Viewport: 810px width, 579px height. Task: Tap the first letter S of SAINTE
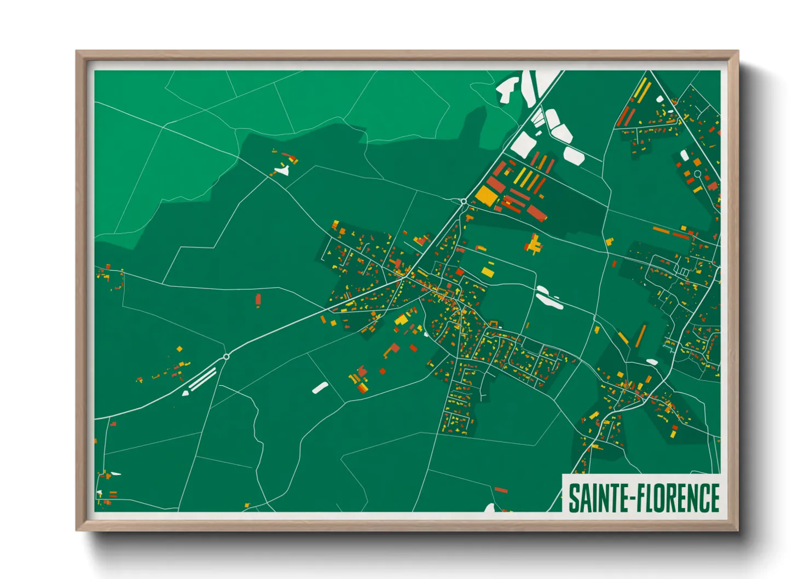pyautogui.click(x=575, y=498)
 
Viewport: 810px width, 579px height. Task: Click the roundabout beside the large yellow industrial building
pyautogui.click(x=464, y=202)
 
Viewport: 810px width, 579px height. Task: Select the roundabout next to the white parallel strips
pyautogui.click(x=226, y=357)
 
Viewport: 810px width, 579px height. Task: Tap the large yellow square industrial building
pyautogui.click(x=486, y=195)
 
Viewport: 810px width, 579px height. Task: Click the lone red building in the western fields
pyautogui.click(x=258, y=300)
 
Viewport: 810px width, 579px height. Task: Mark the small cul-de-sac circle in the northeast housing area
pyautogui.click(x=698, y=174)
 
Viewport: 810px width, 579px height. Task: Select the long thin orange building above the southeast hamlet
pyautogui.click(x=640, y=335)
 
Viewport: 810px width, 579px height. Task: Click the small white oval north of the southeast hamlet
pyautogui.click(x=652, y=361)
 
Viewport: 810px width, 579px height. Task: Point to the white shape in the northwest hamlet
pyautogui.click(x=282, y=171)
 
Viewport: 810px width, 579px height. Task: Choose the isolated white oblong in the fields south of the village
pyautogui.click(x=320, y=387)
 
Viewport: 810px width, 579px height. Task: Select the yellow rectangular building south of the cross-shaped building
pyautogui.click(x=487, y=270)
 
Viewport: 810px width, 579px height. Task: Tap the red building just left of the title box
pyautogui.click(x=501, y=490)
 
